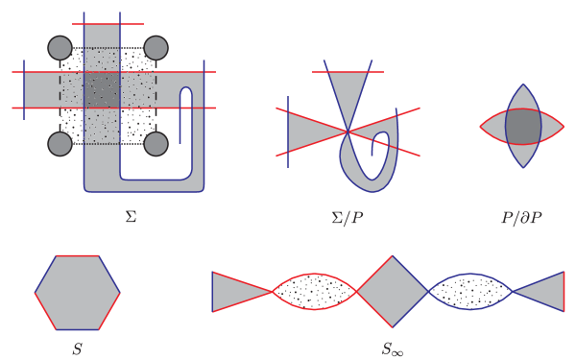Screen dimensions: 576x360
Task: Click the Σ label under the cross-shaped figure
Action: (131, 217)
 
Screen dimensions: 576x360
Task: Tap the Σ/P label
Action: (347, 218)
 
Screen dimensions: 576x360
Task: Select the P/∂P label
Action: (521, 218)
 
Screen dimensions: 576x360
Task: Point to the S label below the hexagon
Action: (77, 349)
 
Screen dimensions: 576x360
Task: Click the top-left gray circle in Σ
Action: (60, 48)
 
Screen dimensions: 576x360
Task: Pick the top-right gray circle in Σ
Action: (156, 48)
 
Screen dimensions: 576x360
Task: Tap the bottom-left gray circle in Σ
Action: (60, 144)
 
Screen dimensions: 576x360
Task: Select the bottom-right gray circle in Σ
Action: (156, 144)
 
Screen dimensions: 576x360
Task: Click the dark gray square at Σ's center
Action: (102, 90)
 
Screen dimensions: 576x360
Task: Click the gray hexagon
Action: (78, 293)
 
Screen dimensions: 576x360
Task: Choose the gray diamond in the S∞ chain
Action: (392, 292)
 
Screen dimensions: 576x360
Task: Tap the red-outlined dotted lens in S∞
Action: (316, 292)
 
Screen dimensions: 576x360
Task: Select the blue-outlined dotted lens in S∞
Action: (470, 292)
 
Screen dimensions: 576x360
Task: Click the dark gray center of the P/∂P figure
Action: (522, 126)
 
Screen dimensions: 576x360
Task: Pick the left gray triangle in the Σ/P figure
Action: (308, 132)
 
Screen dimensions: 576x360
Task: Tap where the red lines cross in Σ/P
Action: (348, 131)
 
